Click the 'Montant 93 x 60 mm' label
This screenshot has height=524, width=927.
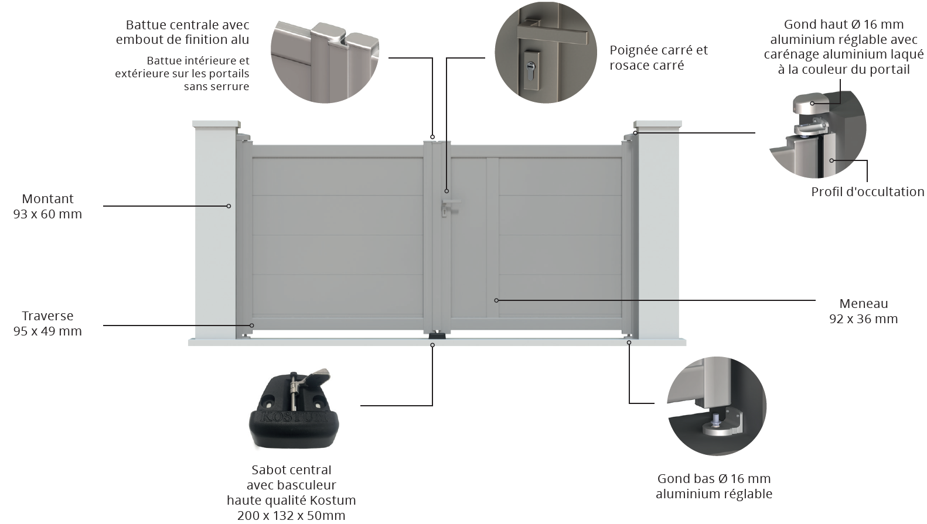tap(47, 206)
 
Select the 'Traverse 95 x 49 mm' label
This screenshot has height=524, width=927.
tap(47, 323)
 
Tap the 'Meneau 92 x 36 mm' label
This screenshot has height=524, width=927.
tap(863, 311)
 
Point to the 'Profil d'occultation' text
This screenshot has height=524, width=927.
tap(867, 191)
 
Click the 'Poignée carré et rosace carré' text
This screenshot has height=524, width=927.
tap(658, 57)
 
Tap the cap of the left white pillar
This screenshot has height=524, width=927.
tap(216, 125)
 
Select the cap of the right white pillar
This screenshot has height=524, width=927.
tap(657, 125)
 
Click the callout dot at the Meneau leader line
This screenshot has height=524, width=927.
tap(496, 300)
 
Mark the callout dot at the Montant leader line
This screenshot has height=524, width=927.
tap(229, 206)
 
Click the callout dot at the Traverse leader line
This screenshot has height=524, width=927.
tap(252, 325)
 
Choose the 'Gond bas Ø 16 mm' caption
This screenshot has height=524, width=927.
tap(714, 478)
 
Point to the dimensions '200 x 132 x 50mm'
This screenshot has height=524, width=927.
tap(291, 515)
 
